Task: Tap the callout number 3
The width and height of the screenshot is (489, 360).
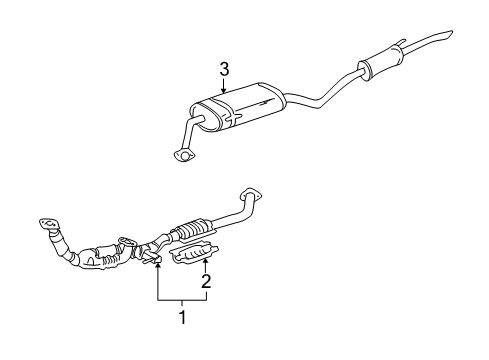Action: click(x=224, y=69)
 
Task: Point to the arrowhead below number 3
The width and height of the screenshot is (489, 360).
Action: click(x=224, y=93)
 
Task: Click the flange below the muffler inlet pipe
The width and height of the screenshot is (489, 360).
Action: click(x=181, y=154)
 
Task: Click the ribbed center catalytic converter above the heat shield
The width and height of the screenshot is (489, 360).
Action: click(x=192, y=232)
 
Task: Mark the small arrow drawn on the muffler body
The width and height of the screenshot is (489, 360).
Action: click(x=262, y=102)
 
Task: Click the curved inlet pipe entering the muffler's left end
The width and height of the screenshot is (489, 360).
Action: click(x=194, y=127)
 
